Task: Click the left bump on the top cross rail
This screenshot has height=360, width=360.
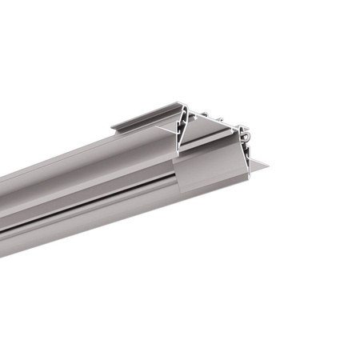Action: [202, 114]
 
